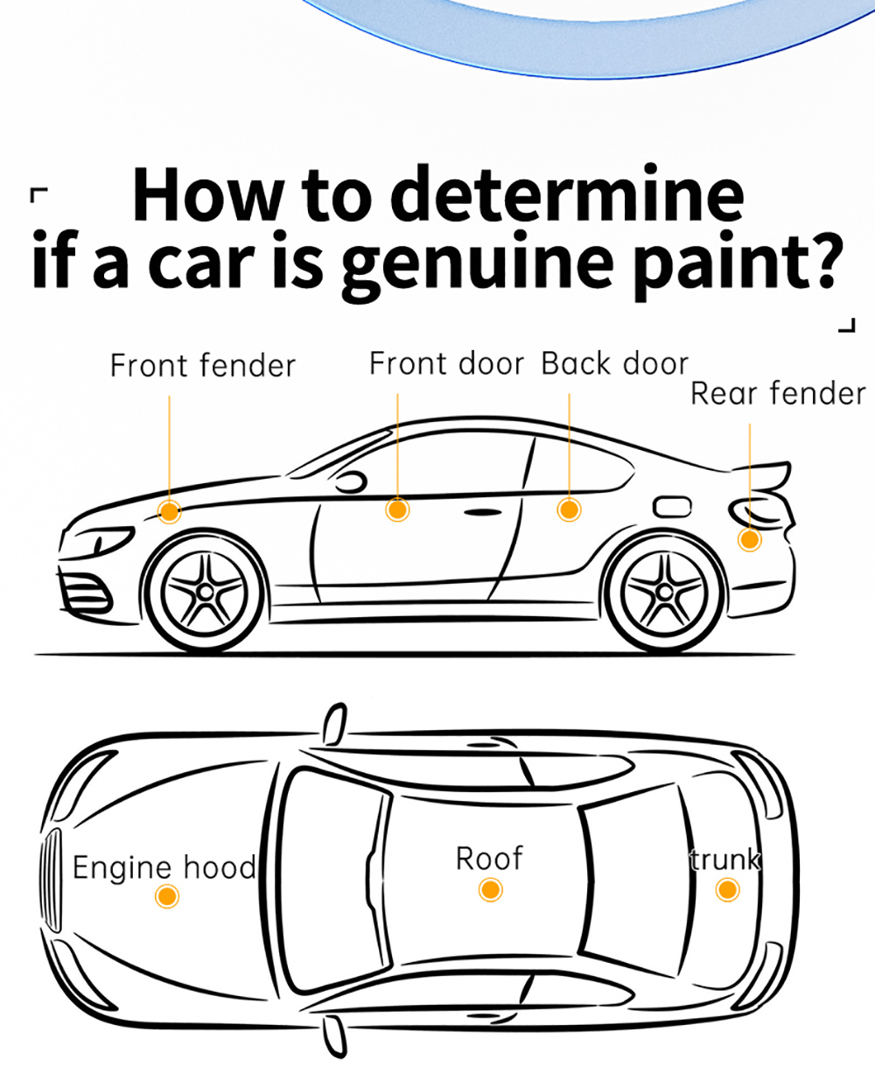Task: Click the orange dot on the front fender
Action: coord(170,510)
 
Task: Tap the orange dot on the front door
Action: coord(397,509)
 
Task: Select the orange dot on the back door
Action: coord(569,509)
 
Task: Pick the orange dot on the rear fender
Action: coord(749,539)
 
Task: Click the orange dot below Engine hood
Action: coord(166,895)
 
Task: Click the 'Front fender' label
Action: coord(203,366)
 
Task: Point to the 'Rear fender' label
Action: coord(778,394)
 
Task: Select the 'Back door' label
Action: coord(615,363)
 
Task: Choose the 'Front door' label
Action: coord(446,363)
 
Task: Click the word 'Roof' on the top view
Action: coord(490,859)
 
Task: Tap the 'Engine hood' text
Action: coord(164,867)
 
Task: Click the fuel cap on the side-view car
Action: coord(672,506)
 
